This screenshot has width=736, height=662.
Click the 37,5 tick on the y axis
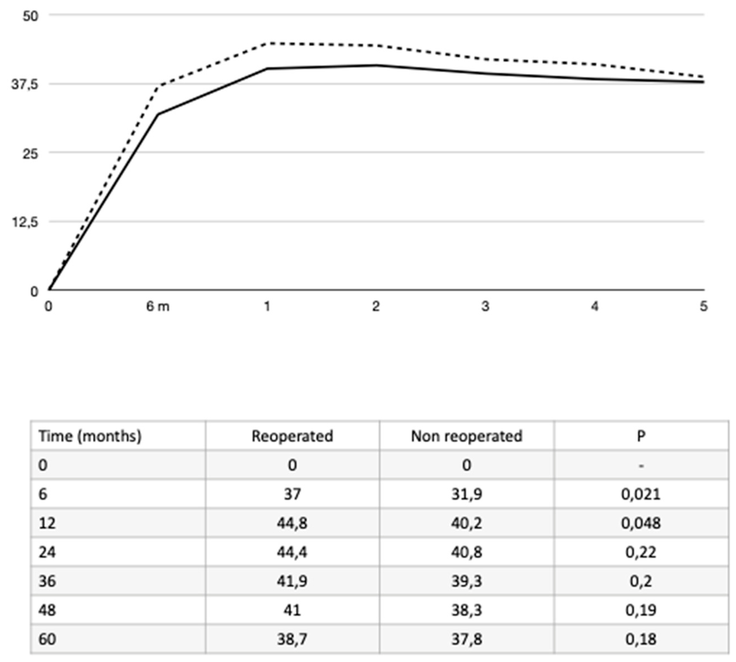click(x=24, y=84)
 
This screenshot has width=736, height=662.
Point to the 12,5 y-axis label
click(x=24, y=222)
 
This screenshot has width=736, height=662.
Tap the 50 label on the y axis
click(x=30, y=16)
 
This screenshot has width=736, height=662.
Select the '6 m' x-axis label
click(x=158, y=307)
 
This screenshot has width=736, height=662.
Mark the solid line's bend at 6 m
click(x=158, y=114)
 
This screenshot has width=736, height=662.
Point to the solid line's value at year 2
click(x=376, y=65)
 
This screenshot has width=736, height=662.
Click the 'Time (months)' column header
click(x=90, y=436)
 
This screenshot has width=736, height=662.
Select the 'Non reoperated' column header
click(x=466, y=436)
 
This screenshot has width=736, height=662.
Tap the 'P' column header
click(x=641, y=436)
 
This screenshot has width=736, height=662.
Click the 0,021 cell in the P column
click(x=641, y=494)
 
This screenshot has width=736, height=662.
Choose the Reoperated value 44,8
click(x=292, y=523)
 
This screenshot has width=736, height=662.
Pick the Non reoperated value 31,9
click(x=467, y=494)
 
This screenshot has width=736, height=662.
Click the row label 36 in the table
click(x=47, y=581)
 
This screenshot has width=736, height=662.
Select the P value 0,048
click(x=641, y=523)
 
